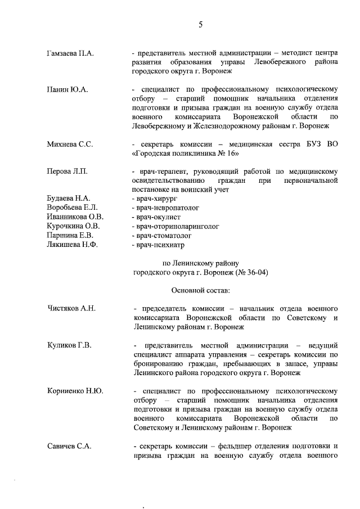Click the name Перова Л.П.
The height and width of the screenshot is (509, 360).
click(x=66, y=171)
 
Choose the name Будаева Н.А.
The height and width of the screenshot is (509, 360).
click(x=68, y=199)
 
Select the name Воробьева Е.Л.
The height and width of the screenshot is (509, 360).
click(x=72, y=208)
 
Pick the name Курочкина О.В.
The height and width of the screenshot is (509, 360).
click(x=73, y=226)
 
